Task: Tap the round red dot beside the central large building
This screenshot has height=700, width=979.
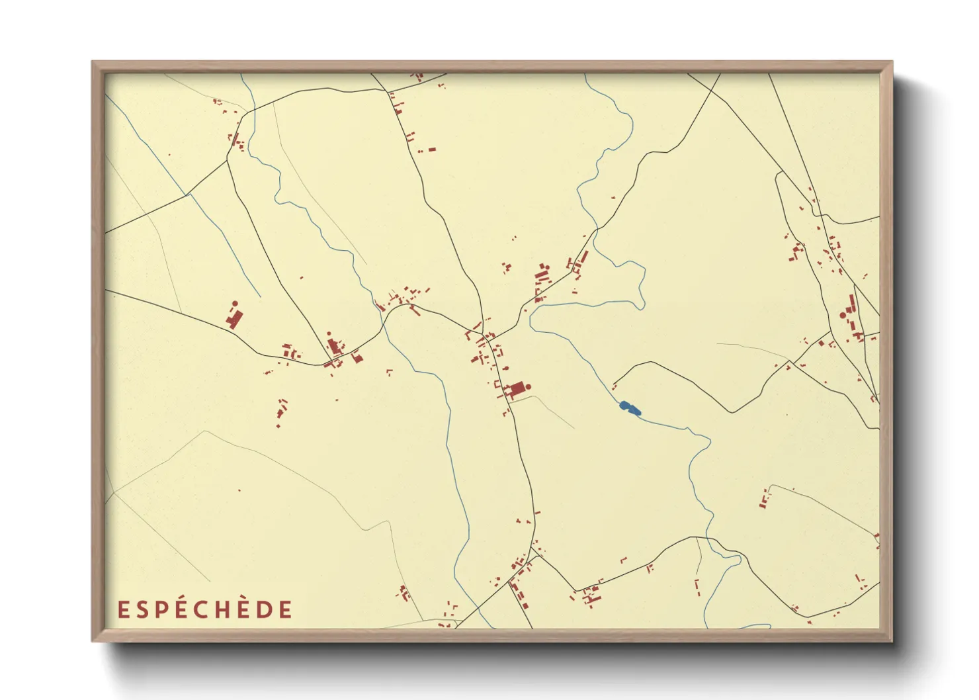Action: pyautogui.click(x=529, y=386)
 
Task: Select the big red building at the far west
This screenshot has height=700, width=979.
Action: pyautogui.click(x=234, y=319)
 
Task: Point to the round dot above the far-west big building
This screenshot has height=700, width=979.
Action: pyautogui.click(x=235, y=304)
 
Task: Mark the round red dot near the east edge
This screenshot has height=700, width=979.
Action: pyautogui.click(x=843, y=316)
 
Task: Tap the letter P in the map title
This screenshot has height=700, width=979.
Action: pyautogui.click(x=159, y=609)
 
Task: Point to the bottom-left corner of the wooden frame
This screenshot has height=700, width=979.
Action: pyautogui.click(x=93, y=640)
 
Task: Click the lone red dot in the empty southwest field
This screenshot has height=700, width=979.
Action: pyautogui.click(x=239, y=490)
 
